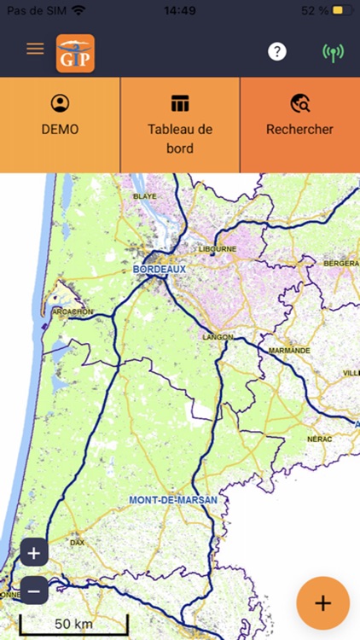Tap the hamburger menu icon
click(35, 49)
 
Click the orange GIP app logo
click(75, 53)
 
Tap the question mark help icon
click(276, 52)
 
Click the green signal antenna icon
click(333, 53)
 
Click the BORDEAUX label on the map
click(160, 268)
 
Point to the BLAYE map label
click(145, 196)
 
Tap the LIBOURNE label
click(217, 249)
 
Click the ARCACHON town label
click(72, 312)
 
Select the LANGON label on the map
click(218, 337)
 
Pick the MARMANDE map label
click(289, 351)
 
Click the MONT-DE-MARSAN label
click(173, 499)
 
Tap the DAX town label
click(78, 542)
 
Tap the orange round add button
click(322, 602)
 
